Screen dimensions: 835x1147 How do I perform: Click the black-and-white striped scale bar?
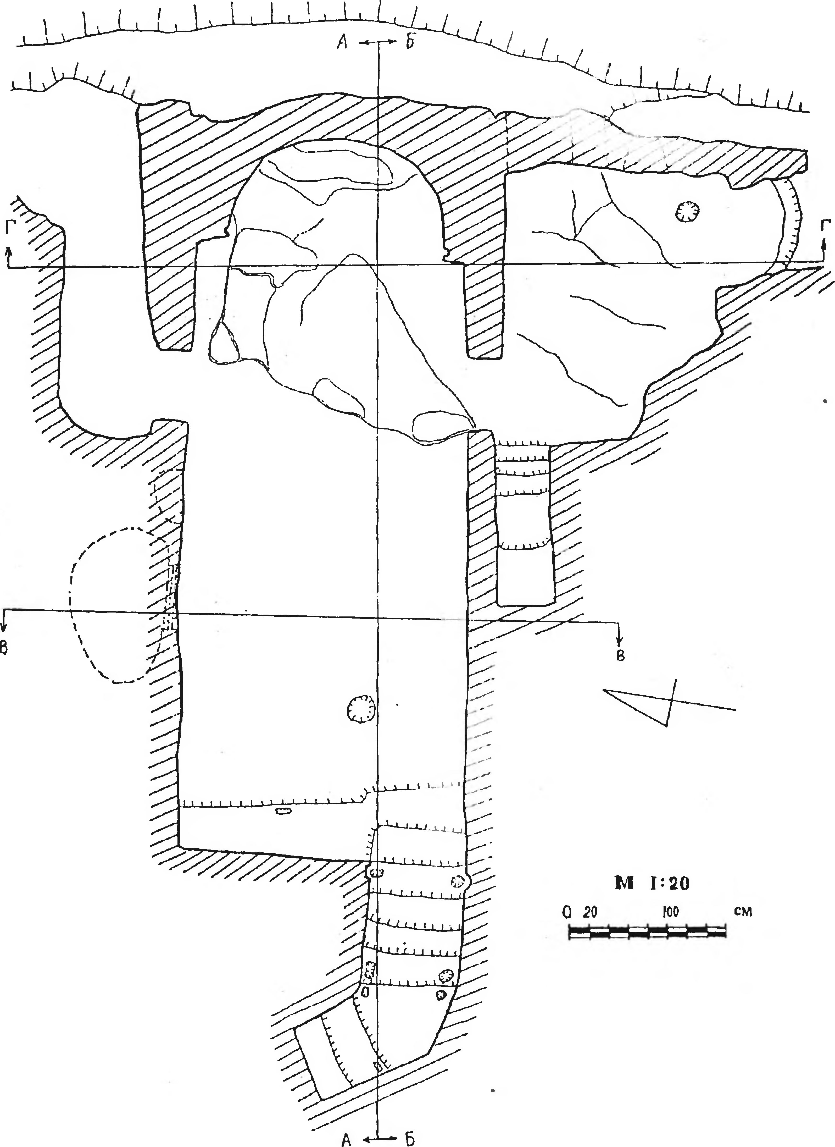(x=648, y=931)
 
